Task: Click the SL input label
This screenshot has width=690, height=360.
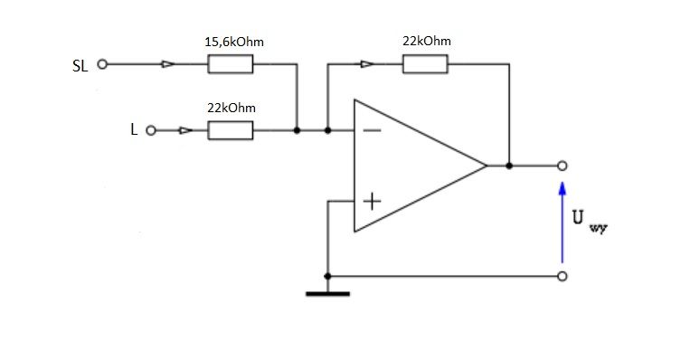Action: pyautogui.click(x=80, y=66)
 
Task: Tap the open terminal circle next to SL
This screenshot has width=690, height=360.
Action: pyautogui.click(x=102, y=64)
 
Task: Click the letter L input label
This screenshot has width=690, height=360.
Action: pyautogui.click(x=134, y=129)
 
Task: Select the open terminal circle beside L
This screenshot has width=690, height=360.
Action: pyautogui.click(x=151, y=131)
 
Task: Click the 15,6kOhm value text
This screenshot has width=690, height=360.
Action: pyautogui.click(x=234, y=43)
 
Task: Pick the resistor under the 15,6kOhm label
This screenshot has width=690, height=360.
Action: pyautogui.click(x=231, y=64)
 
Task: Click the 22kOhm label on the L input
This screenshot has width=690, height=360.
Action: pyautogui.click(x=232, y=108)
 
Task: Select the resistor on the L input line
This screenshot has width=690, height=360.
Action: pyautogui.click(x=231, y=131)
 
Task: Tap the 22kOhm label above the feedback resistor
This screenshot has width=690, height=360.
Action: pyautogui.click(x=427, y=42)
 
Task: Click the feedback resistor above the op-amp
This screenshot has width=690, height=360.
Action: pyautogui.click(x=425, y=64)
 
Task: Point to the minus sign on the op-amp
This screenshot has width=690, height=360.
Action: pyautogui.click(x=373, y=130)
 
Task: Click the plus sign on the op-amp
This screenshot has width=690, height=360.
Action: pyautogui.click(x=373, y=201)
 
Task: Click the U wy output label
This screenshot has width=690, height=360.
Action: pyautogui.click(x=590, y=221)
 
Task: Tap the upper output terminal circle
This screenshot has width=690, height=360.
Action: pyautogui.click(x=562, y=166)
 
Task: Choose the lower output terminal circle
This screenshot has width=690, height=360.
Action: pyautogui.click(x=562, y=277)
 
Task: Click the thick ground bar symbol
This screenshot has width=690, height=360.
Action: pyautogui.click(x=328, y=294)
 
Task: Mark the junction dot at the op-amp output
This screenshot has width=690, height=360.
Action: pyautogui.click(x=509, y=166)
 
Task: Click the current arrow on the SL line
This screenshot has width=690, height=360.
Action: pyautogui.click(x=167, y=64)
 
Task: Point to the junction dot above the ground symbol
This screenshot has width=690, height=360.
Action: pyautogui.click(x=327, y=277)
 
